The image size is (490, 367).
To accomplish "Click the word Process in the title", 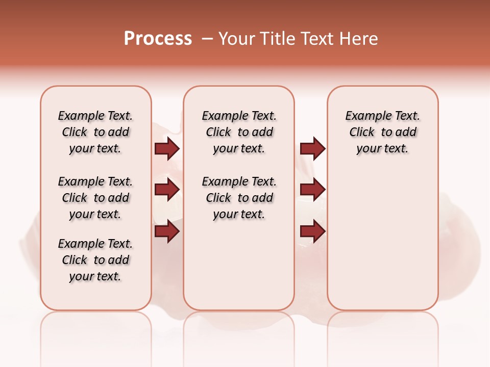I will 158,38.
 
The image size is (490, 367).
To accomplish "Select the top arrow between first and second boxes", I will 167,148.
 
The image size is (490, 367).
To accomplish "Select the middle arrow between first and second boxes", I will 167,190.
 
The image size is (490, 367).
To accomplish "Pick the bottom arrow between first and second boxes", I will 167,231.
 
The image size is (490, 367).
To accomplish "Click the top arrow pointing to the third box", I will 312,148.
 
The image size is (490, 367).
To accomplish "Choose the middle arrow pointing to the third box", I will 312,190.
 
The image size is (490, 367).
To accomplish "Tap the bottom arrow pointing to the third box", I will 312,231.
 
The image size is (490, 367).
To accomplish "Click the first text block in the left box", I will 95,132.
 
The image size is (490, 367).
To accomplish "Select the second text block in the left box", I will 95,198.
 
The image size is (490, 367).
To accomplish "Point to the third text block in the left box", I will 95,260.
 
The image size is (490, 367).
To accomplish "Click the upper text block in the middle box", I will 239,132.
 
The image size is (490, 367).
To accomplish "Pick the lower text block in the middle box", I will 239,198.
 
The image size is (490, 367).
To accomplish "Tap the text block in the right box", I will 382,132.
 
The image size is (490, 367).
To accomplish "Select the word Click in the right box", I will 362,133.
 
